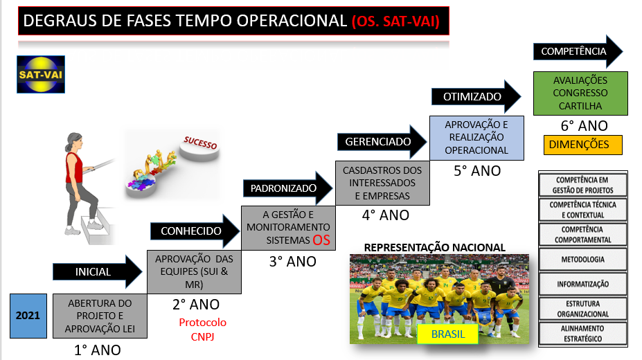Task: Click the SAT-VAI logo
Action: (41, 75)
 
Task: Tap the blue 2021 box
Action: (28, 316)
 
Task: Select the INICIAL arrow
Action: (98, 271)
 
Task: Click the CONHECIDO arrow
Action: (195, 231)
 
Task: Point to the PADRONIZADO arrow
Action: (288, 188)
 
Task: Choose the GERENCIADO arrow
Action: (382, 141)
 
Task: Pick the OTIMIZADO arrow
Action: (476, 96)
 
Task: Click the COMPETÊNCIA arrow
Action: (578, 51)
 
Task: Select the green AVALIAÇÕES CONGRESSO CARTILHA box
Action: (580, 93)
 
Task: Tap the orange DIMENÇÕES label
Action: (582, 145)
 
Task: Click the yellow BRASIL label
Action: (448, 334)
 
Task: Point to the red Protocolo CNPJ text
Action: (203, 330)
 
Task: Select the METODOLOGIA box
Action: (582, 260)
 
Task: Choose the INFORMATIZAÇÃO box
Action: (582, 284)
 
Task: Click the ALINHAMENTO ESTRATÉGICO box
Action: (582, 334)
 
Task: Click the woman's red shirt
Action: (73, 168)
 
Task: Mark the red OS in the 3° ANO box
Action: (321, 240)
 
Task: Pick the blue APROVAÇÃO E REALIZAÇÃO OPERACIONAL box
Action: (476, 138)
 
